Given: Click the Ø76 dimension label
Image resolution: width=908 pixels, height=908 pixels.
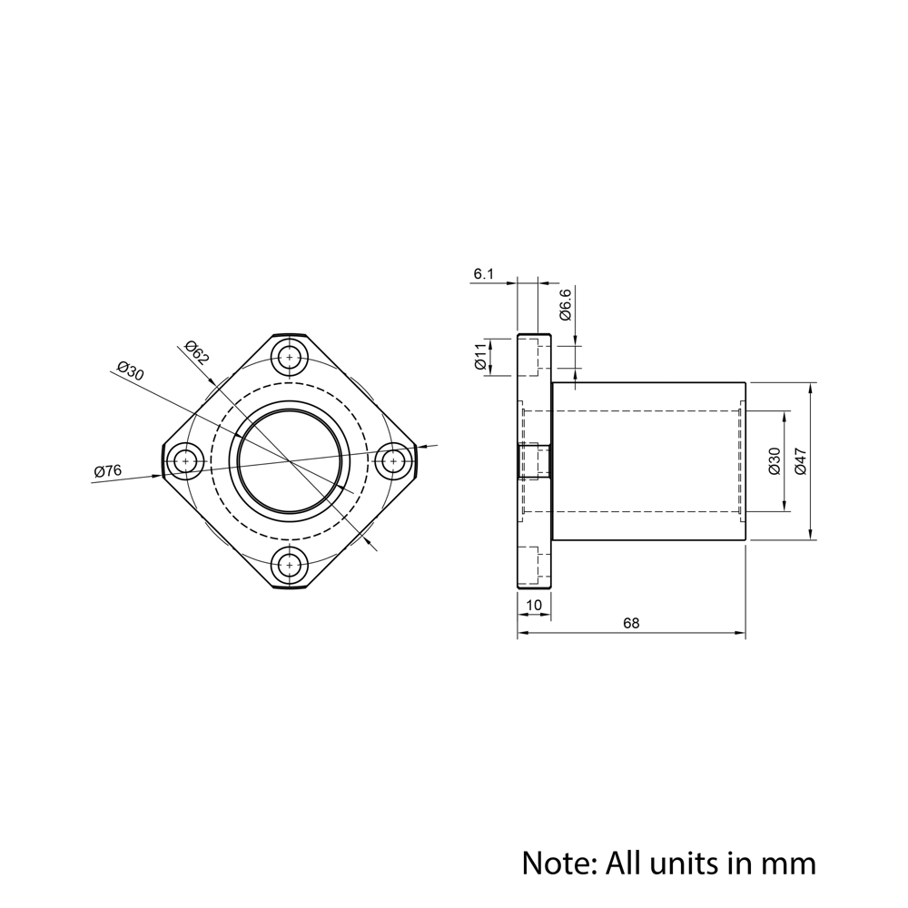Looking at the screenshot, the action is pos(108,470).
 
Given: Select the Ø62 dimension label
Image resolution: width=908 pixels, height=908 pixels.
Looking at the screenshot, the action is pos(196,352).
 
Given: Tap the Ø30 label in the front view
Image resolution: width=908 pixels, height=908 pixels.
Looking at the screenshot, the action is pos(130,370).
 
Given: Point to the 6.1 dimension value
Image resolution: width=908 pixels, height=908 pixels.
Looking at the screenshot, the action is pos(484,274).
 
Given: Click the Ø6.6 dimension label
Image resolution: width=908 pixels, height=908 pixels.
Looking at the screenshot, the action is pos(565,304).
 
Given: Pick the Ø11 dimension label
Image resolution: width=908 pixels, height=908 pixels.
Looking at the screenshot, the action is pos(480,356).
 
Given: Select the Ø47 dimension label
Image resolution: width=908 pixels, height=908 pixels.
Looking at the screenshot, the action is pos(801,461).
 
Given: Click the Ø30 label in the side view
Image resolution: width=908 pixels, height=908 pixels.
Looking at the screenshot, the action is pos(775,461).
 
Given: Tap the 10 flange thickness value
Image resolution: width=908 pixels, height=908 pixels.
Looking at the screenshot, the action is pos(534,605).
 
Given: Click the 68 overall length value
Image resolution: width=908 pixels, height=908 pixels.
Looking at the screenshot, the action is pos(631,623).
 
